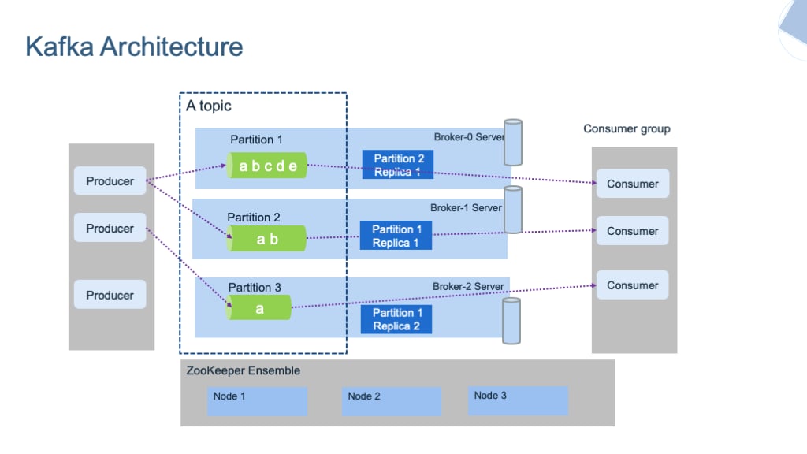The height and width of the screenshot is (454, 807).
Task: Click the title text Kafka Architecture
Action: click(x=134, y=47)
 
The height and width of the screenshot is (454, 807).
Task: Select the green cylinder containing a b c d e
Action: click(x=267, y=166)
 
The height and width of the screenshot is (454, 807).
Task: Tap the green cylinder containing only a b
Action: click(x=266, y=239)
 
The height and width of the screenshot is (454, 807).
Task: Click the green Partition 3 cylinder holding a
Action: click(x=259, y=308)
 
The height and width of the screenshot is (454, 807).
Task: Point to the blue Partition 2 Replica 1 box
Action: click(x=398, y=166)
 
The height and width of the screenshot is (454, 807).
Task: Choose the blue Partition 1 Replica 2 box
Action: click(x=396, y=319)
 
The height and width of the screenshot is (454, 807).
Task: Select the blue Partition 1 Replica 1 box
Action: click(x=396, y=236)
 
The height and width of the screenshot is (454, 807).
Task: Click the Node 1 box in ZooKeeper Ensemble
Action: click(x=258, y=400)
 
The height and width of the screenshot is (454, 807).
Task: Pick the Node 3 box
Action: click(x=518, y=400)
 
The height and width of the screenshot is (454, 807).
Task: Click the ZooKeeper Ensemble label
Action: click(x=244, y=370)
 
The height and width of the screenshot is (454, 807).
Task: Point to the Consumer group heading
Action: click(x=627, y=128)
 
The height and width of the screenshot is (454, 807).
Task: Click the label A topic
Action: click(x=209, y=106)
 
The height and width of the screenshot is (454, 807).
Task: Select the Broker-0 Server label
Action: click(x=468, y=137)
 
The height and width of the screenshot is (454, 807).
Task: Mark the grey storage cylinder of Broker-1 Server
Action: click(x=513, y=210)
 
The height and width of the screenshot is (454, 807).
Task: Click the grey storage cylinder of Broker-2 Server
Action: click(x=511, y=321)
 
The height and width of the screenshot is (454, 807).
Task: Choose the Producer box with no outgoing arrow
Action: click(x=110, y=295)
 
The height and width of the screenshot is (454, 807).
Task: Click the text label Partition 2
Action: click(x=254, y=217)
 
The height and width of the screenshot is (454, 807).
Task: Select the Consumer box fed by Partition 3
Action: click(x=632, y=285)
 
